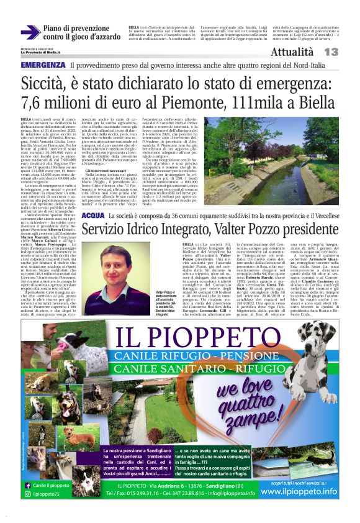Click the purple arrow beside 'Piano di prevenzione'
click(x=30, y=32)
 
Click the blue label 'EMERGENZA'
click(x=43, y=65)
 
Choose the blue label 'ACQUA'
click(x=92, y=215)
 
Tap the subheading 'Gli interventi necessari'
click(x=107, y=170)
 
